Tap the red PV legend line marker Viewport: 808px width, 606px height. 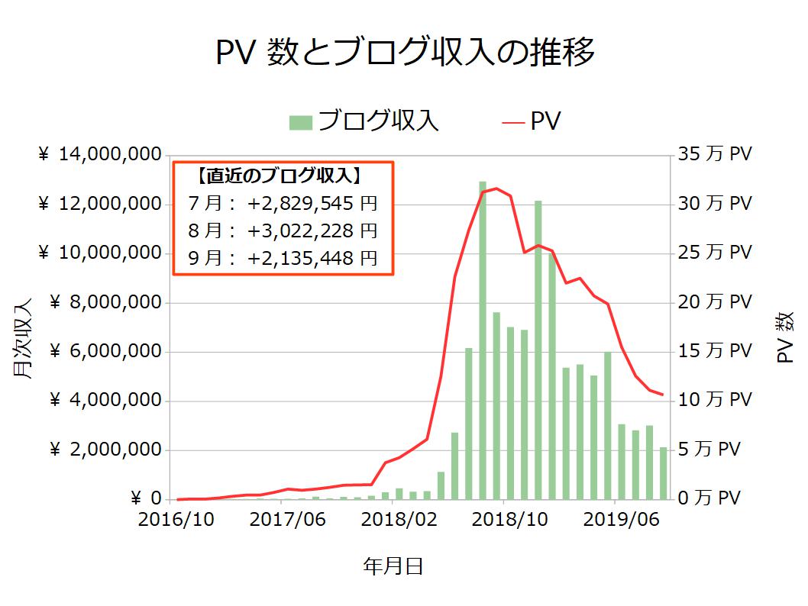pos(513,122)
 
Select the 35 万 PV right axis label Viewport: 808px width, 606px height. pos(715,155)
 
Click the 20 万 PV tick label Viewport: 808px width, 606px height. pos(715,303)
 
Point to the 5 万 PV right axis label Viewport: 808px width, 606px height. pos(709,450)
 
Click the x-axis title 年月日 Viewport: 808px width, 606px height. pos(393,567)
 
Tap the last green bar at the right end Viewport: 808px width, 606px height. pos(663,472)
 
